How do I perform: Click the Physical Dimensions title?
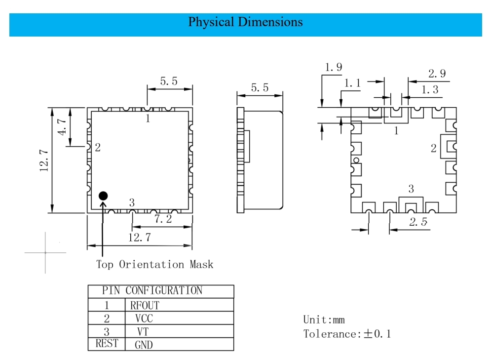click(x=245, y=22)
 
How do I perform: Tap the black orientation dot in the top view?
click(x=103, y=196)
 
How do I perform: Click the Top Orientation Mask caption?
click(x=154, y=265)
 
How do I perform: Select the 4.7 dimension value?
click(x=62, y=127)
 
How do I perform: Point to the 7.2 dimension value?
click(x=163, y=219)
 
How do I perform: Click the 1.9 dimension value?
click(x=334, y=67)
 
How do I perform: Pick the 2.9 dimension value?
click(x=437, y=74)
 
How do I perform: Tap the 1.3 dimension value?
click(x=430, y=89)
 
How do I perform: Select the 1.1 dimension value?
click(x=352, y=83)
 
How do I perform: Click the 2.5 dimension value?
click(x=418, y=222)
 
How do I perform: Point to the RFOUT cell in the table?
click(x=145, y=305)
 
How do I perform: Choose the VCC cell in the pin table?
click(x=144, y=319)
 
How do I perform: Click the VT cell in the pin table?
click(x=143, y=331)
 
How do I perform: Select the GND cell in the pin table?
click(x=144, y=345)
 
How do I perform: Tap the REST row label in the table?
click(x=107, y=343)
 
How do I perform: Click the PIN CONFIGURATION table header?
click(x=152, y=290)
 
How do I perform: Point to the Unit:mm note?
click(x=324, y=320)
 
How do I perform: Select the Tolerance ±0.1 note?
click(x=347, y=334)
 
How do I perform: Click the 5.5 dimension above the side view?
click(x=260, y=88)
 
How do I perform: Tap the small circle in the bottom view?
click(x=356, y=160)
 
